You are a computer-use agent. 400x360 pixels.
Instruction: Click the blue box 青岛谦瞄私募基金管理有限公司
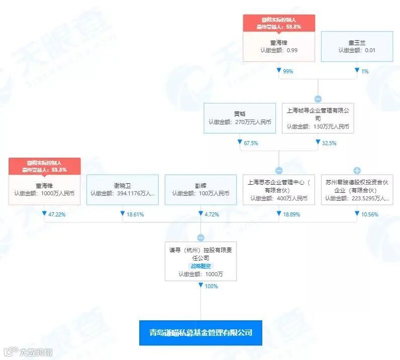tap(201, 332)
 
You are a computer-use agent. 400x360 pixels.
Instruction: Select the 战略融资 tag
tap(201, 266)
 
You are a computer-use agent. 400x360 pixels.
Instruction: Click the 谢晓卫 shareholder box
tap(123, 189)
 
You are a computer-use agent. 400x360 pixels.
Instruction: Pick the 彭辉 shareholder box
tap(201, 189)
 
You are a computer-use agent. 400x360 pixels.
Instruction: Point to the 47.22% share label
tap(56, 214)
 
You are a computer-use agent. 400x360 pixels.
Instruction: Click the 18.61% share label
tap(134, 214)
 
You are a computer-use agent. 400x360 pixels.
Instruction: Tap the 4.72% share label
tap(210, 214)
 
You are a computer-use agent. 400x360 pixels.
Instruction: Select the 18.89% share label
tap(289, 214)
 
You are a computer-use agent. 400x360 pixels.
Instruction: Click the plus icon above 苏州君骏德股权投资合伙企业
tap(357, 170)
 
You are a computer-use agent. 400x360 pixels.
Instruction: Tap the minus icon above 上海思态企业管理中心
tap(279, 170)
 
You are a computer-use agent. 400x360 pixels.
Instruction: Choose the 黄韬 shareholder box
tap(240, 118)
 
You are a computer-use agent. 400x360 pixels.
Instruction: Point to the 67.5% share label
tap(251, 143)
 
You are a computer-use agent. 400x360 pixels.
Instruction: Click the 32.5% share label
tap(329, 143)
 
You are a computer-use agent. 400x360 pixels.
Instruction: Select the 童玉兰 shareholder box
tap(357, 47)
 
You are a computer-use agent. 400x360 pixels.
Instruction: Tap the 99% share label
tap(288, 71)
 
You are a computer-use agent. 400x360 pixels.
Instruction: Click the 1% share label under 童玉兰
tap(365, 71)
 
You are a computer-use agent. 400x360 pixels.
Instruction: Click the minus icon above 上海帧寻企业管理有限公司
tap(318, 99)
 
